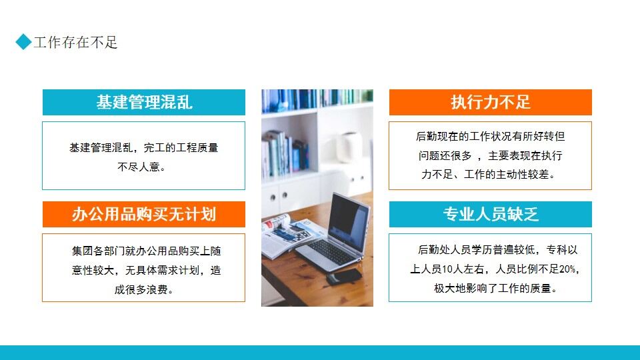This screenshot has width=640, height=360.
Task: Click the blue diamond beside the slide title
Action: (x=24, y=42)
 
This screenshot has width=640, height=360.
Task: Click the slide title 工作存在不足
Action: (x=75, y=43)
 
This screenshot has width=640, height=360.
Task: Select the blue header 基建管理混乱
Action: (x=144, y=102)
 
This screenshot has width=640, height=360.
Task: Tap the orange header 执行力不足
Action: (x=490, y=102)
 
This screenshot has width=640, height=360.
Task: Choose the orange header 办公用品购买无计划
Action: (x=144, y=214)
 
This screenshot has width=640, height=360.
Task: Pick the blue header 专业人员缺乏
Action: (x=490, y=214)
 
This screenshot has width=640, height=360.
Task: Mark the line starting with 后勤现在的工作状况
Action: (x=490, y=137)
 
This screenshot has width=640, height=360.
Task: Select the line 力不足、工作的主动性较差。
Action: (x=490, y=175)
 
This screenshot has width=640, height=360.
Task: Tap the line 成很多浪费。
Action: (x=143, y=289)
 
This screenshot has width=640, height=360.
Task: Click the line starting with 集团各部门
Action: (x=143, y=251)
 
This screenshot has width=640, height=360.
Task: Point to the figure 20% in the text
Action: (x=569, y=270)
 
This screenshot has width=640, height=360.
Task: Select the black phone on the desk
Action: (x=345, y=275)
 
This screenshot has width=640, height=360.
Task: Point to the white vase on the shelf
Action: (x=351, y=147)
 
